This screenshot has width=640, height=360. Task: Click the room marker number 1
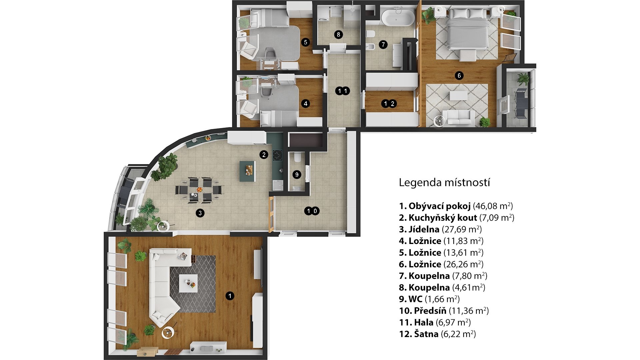coord(230,296)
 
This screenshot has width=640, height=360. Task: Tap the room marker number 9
coord(297,174)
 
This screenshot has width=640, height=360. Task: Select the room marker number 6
coord(459,76)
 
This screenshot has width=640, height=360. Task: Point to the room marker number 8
coord(338,34)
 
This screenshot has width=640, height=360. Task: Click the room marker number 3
coord(200,213)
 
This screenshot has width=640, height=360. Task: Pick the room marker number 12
coord(389,104)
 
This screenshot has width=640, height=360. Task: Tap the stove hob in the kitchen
coord(278,156)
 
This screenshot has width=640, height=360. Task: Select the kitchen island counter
coord(248,171)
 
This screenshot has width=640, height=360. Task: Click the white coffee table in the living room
coord(188,283)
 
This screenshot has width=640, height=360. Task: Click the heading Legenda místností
coord(444,183)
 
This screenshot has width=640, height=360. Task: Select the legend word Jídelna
coord(424,229)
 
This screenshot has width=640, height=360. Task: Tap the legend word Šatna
coord(426,334)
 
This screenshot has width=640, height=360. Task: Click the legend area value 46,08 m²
coord(493,206)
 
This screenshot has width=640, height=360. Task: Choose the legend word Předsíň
coord(430,311)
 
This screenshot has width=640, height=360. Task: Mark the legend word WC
coord(415,299)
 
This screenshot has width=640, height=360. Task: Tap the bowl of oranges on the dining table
coord(199,189)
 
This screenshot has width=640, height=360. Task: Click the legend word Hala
coord(424,322)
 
